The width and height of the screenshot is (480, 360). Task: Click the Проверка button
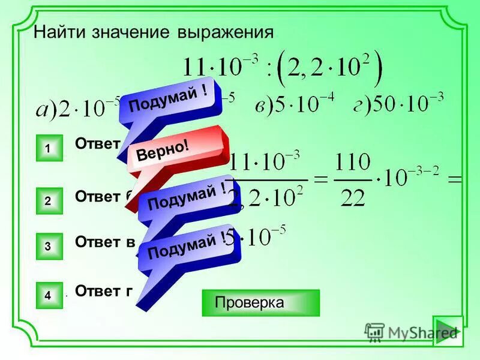point(260,302)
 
